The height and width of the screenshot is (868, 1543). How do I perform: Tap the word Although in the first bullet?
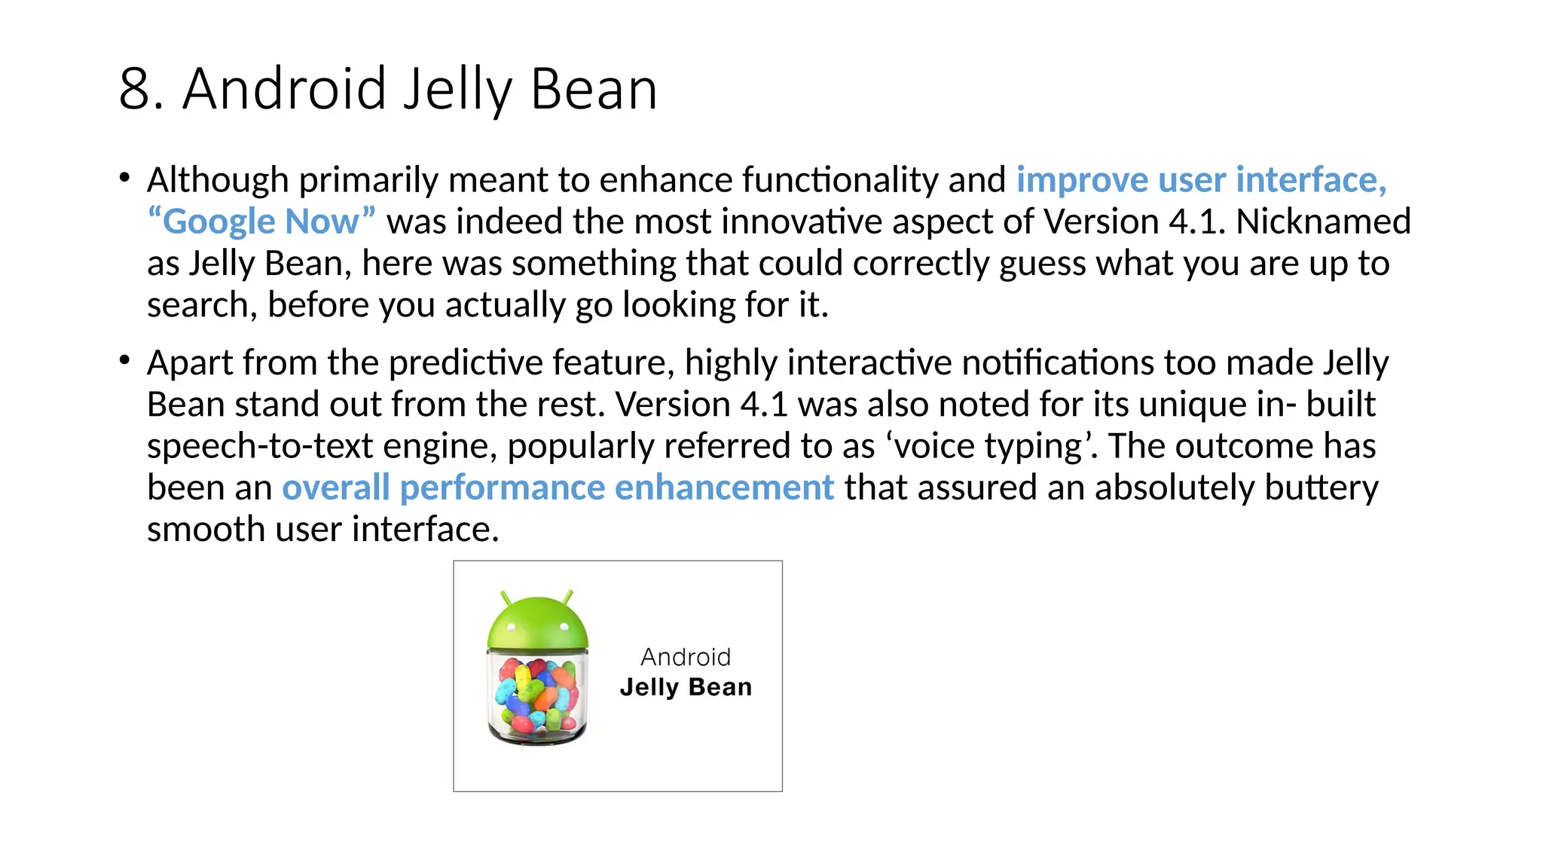pos(218,180)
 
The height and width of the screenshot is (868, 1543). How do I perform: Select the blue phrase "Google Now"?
pos(261,222)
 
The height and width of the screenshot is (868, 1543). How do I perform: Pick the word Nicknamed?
pos(1323,222)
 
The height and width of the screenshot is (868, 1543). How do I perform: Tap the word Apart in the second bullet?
pos(190,363)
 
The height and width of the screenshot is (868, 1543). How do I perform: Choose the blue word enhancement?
pos(724,488)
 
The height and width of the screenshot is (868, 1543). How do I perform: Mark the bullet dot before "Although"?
pos(124,178)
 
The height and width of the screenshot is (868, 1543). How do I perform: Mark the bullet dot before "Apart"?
pos(124,360)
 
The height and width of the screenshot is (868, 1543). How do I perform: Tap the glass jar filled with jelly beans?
pos(537,697)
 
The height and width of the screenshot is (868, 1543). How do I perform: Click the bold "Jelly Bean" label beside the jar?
pos(686,687)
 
